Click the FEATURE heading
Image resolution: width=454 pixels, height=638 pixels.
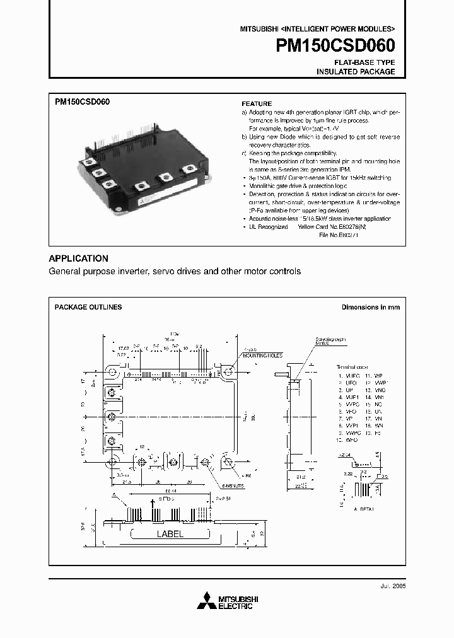point(257,103)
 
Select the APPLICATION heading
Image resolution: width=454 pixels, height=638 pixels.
point(78,258)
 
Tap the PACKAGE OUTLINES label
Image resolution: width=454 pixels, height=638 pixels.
point(88,307)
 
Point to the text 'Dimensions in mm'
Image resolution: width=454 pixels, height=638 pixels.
point(370,307)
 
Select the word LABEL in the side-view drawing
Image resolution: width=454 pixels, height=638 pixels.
point(170,533)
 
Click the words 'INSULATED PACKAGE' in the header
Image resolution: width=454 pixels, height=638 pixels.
point(356,72)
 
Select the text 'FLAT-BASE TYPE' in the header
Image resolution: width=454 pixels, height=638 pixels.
point(364,62)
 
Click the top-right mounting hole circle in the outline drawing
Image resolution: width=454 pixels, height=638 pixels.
point(228,373)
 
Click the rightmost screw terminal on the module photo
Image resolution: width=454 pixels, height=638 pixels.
point(187,170)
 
